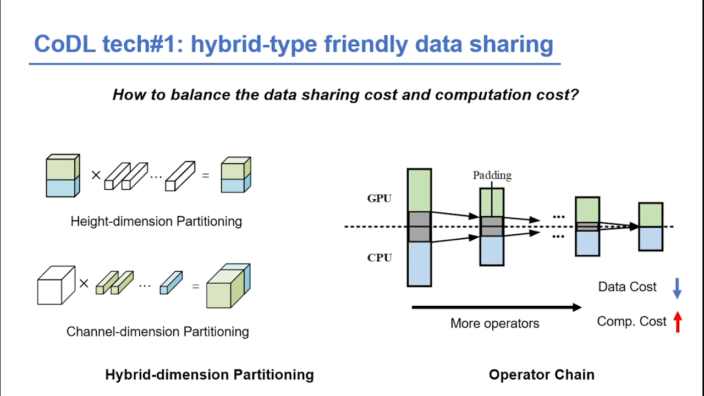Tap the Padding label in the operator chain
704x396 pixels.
492,175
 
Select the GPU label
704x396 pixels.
380,199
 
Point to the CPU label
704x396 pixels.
380,257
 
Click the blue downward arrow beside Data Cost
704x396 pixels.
677,288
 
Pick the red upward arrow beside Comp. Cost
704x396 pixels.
677,322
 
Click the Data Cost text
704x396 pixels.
627,287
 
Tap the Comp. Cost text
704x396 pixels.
631,321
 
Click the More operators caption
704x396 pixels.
494,323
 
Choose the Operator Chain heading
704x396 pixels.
541,375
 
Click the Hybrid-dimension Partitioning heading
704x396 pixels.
210,375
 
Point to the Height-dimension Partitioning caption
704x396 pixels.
156,222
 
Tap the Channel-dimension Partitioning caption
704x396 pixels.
157,332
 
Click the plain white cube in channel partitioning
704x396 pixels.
56,285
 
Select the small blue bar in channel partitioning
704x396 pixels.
170,283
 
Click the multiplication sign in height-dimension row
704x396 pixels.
96,175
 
